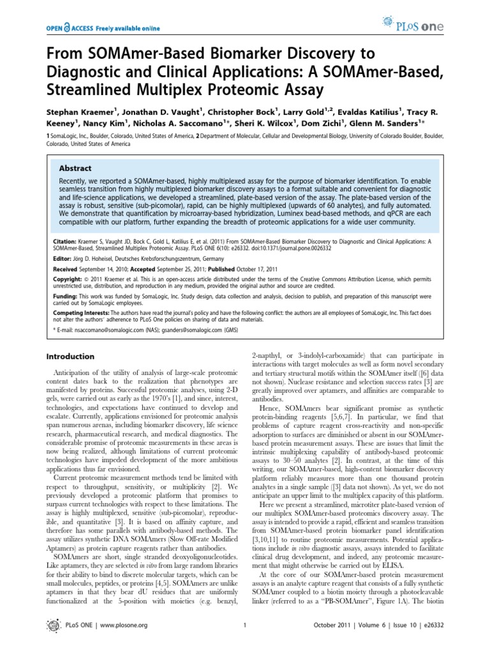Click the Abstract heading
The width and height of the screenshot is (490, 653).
(75, 169)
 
